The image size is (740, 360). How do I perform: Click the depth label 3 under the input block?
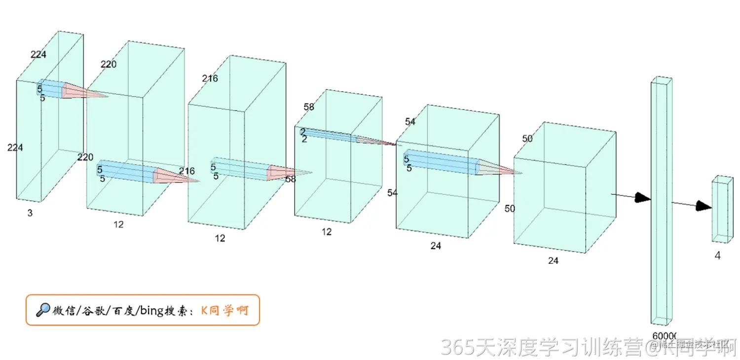click(30, 213)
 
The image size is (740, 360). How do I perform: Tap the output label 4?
click(718, 256)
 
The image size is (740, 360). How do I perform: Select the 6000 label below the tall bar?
click(664, 336)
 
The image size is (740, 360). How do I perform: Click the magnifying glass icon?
click(43, 310)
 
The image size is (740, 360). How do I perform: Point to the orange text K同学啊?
click(224, 311)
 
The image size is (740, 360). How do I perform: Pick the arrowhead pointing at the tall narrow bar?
click(643, 198)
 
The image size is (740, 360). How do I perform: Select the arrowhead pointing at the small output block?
click(703, 206)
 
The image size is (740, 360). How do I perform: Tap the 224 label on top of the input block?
click(38, 55)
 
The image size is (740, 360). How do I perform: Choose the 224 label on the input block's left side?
click(15, 147)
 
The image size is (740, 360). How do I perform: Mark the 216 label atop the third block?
click(210, 78)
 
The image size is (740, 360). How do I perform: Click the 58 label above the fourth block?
click(309, 107)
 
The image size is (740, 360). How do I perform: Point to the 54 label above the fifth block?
click(410, 122)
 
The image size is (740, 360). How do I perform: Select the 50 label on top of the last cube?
click(527, 139)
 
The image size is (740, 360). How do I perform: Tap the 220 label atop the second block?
click(109, 64)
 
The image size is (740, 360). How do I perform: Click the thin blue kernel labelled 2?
click(328, 135)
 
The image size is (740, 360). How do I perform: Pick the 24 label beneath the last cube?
click(554, 260)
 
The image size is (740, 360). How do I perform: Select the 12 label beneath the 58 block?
click(327, 232)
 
